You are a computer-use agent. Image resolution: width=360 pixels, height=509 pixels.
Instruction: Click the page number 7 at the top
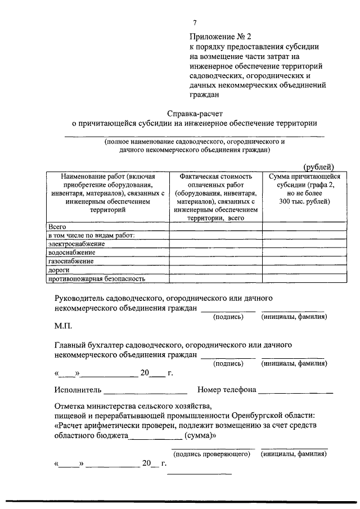195,22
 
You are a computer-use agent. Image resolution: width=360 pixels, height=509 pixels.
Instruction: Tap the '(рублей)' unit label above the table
318,166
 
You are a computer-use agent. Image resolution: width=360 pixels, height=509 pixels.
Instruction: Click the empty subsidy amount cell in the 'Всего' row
300,226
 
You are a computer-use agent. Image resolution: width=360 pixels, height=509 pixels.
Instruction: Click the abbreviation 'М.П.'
63,326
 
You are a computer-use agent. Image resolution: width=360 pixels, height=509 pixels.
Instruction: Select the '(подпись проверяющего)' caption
211,453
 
